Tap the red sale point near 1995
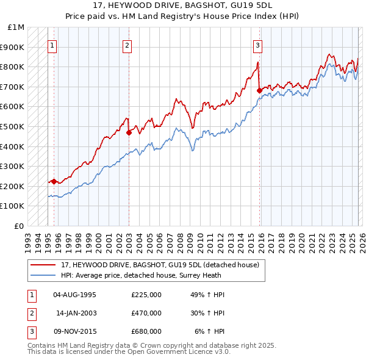(54, 181)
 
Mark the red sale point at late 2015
(259, 90)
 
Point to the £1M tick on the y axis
(16, 27)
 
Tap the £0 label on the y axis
(20, 226)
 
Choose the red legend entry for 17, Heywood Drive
(160, 265)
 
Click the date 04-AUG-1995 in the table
(75, 295)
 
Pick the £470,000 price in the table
(146, 313)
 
